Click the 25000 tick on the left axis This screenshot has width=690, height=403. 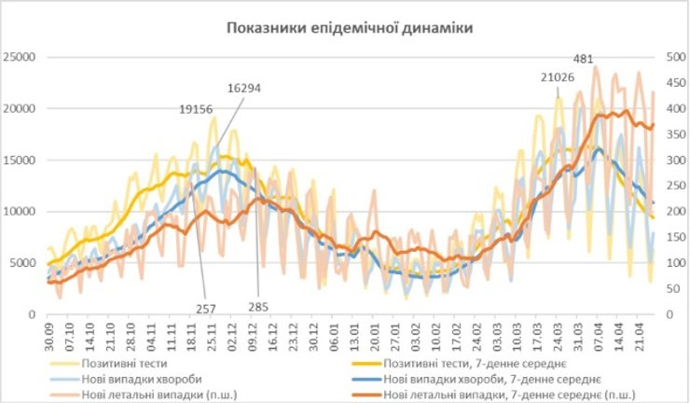click(x=20, y=57)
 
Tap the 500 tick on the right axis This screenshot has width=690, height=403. click(x=672, y=57)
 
